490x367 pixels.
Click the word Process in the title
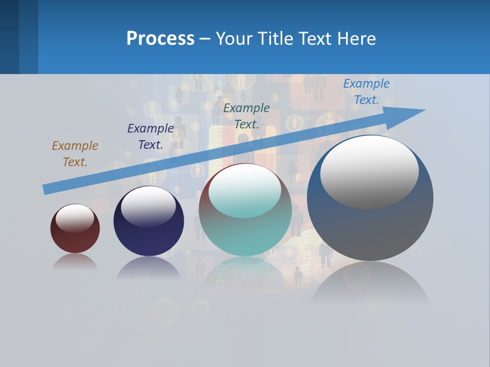pos(160,38)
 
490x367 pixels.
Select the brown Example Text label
pos(75,154)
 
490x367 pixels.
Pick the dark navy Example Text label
pos(151,137)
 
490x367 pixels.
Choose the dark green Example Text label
pos(247,116)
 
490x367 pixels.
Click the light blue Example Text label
pos(366,92)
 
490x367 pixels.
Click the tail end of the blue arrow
pos(46,189)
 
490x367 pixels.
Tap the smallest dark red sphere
pos(75,240)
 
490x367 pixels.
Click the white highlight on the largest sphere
pos(370,171)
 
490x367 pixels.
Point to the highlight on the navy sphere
pos(149,206)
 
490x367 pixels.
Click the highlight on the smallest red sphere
pos(75,218)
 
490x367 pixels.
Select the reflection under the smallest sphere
pos(75,262)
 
